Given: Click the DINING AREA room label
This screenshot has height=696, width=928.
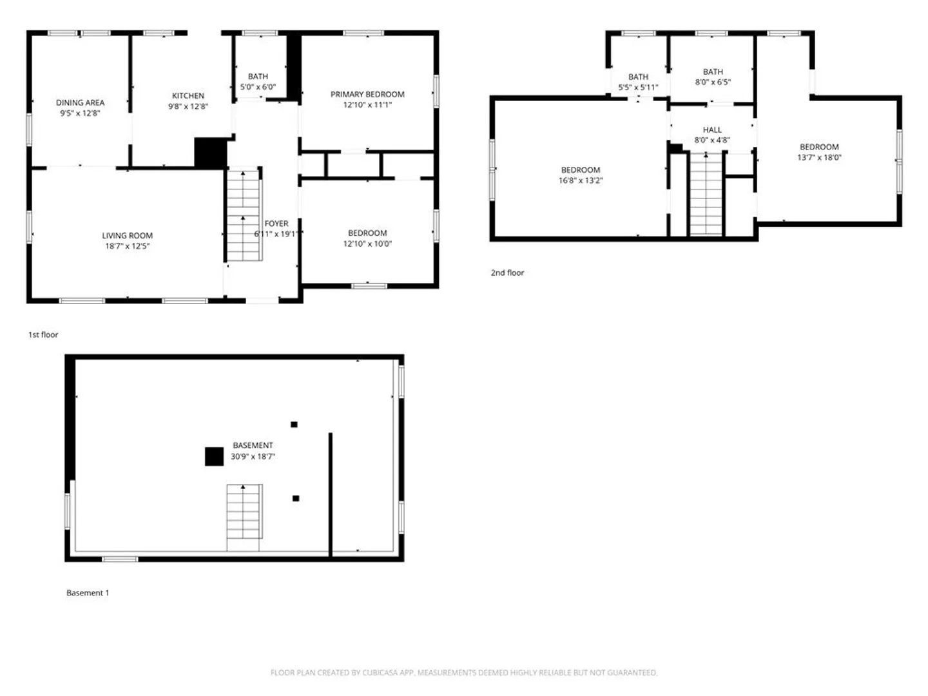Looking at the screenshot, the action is pos(80,102).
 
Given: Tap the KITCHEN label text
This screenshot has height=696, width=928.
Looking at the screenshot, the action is pos(188,96).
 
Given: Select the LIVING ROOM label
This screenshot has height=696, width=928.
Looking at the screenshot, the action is pos(127,236).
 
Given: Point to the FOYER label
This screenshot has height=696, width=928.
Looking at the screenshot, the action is pos(276,224).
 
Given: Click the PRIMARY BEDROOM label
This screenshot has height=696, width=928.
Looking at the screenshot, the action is pos(367,94).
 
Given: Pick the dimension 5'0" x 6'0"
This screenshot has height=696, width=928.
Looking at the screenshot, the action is pos(258,87).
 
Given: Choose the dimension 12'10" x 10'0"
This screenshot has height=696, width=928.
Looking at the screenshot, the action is pos(367,244).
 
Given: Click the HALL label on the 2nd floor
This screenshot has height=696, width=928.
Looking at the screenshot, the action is pos(712,130).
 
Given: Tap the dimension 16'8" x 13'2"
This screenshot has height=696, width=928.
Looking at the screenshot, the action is pos(581,180).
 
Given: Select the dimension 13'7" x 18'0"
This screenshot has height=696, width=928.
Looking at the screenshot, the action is pos(819,158).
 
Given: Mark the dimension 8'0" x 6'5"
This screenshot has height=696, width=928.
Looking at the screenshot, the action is pos(712,82).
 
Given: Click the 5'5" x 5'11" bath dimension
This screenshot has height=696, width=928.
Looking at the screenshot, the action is pos(638,88).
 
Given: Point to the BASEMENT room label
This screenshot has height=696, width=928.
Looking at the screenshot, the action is pos(253,445).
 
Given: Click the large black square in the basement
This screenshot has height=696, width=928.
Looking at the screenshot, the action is pos(215,456).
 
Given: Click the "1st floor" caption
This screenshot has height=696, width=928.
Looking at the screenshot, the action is pos(43,334).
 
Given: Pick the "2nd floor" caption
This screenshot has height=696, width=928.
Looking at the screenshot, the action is pos(507,273).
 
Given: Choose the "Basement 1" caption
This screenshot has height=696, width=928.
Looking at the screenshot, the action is pos(88,593).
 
